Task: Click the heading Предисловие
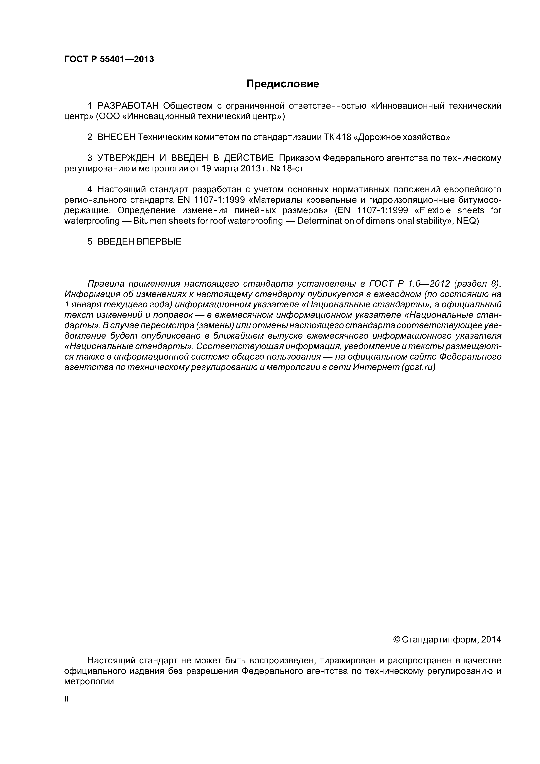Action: pyautogui.click(x=282, y=84)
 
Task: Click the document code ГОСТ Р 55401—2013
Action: pyautogui.click(x=109, y=59)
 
